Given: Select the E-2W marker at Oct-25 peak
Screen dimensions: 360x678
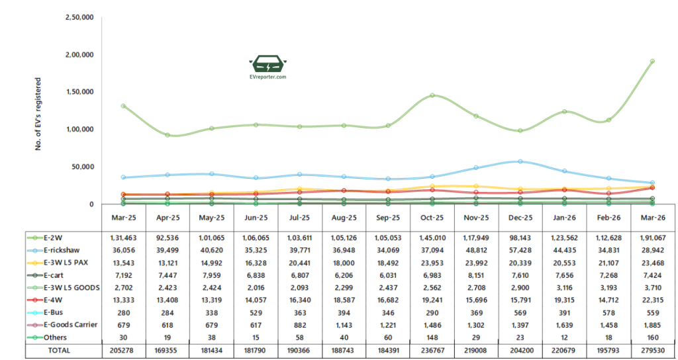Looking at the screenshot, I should click(432, 95).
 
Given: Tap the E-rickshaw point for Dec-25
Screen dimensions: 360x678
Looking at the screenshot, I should click(520, 161).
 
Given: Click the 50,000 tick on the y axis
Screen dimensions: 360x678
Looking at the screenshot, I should click(83, 167).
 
